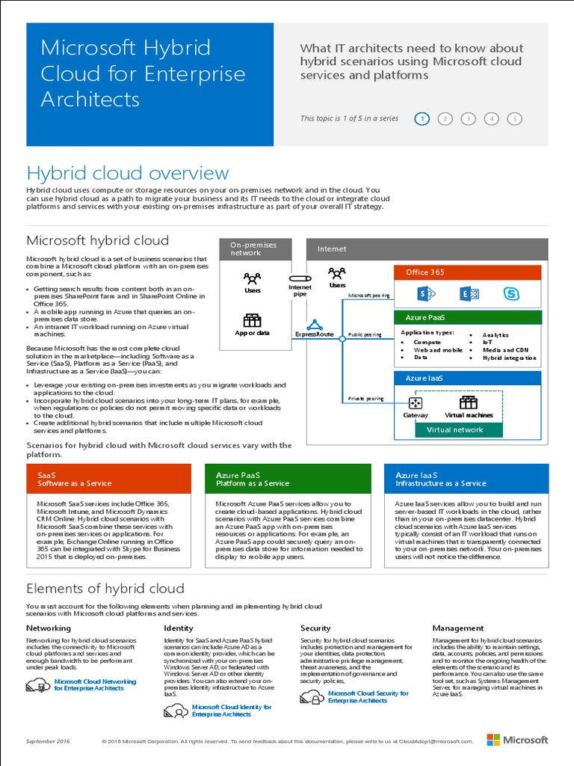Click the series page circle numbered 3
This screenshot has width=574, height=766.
(468, 118)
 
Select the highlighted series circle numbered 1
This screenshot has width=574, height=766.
(422, 118)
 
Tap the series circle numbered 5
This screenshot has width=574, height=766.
(514, 118)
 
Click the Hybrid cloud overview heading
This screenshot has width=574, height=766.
(128, 174)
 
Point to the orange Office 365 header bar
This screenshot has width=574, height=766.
(467, 272)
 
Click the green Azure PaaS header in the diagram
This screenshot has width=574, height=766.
(467, 317)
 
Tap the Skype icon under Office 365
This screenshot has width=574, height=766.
(511, 293)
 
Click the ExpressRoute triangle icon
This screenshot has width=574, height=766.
(315, 325)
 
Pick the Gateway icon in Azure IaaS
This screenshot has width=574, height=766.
(416, 402)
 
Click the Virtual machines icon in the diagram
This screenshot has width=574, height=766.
(469, 402)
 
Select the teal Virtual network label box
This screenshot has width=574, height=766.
(454, 430)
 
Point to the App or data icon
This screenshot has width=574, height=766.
(252, 321)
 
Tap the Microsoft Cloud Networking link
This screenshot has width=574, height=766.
(95, 685)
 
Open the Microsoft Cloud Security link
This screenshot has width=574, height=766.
(368, 697)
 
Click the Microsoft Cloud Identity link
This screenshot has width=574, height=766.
(231, 711)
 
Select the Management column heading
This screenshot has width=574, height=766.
(458, 628)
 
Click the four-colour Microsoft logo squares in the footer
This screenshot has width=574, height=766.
(494, 741)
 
